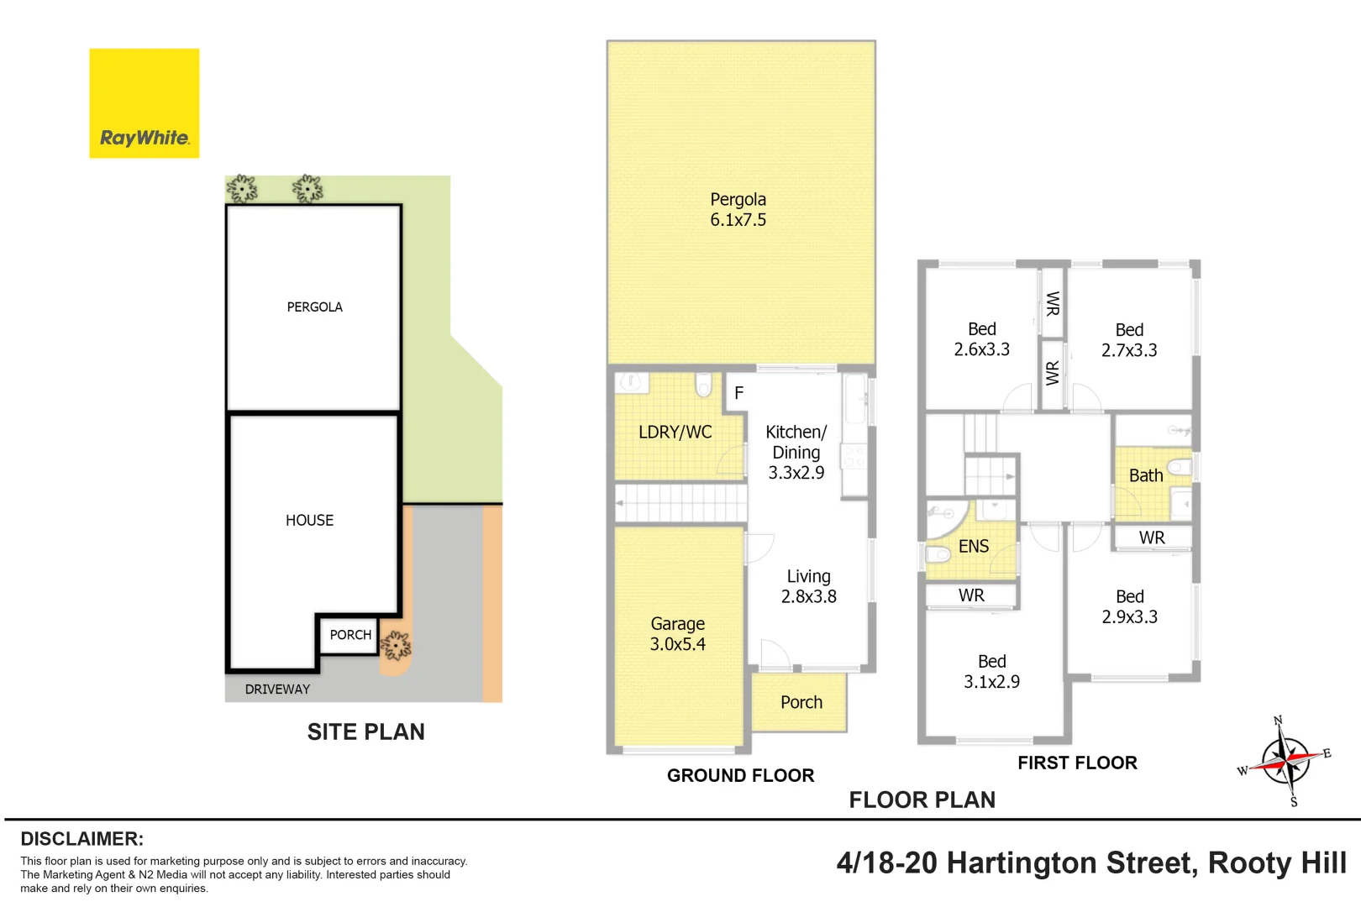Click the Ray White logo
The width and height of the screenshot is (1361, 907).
(145, 103)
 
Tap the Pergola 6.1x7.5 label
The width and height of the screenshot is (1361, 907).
(738, 210)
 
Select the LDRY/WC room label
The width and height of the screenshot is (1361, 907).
(675, 433)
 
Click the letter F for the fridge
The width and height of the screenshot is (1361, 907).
(738, 393)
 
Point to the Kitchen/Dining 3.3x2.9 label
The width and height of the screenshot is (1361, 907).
(796, 452)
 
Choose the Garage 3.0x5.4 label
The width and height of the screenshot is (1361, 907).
(677, 634)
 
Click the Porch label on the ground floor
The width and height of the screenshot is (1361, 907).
(801, 702)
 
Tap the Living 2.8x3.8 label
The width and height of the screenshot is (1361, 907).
(808, 586)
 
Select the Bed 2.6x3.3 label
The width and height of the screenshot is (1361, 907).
(981, 339)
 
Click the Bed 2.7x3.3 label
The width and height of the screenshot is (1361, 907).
(1129, 340)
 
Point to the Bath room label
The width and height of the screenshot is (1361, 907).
(1146, 475)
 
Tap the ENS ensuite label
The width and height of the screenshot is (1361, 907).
(974, 547)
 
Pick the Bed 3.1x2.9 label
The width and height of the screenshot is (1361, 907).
(991, 672)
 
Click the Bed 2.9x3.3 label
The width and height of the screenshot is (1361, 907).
(1129, 606)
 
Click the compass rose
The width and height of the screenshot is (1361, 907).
(1285, 761)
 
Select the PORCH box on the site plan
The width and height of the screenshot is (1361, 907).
(349, 635)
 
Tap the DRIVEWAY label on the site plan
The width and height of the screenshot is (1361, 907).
(277, 689)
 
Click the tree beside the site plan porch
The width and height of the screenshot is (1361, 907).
(396, 646)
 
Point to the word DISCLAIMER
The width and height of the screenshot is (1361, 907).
(81, 839)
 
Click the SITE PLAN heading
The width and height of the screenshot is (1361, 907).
(365, 732)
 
